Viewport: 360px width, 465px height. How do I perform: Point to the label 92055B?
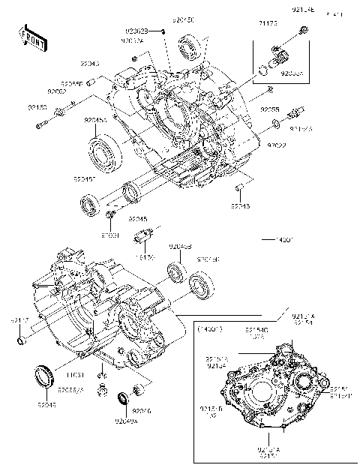pyautogui.click(x=72, y=83)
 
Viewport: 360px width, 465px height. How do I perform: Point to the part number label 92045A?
pyautogui.click(x=95, y=121)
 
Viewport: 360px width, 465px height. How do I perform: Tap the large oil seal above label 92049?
pyautogui.click(x=44, y=374)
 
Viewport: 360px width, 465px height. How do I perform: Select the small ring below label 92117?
pyautogui.click(x=23, y=343)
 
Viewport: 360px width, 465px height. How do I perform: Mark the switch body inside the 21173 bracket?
pyautogui.click(x=279, y=56)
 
